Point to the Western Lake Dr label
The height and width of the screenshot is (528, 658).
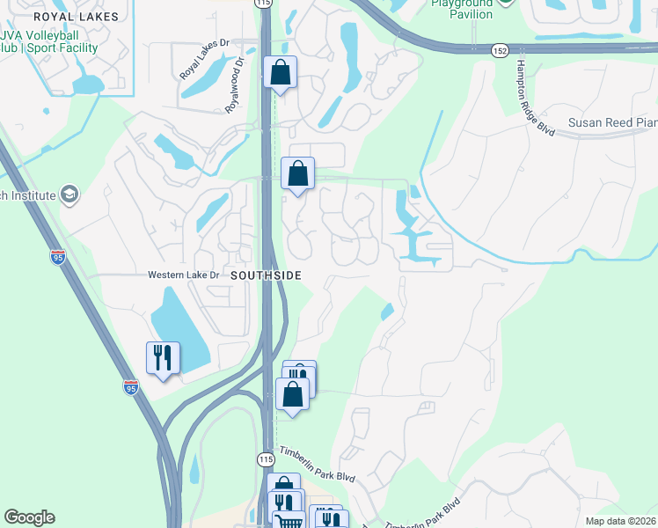183,275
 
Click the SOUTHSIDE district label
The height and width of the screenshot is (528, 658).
267,275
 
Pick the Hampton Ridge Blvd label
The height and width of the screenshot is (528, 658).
535,98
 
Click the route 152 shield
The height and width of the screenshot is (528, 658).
500,52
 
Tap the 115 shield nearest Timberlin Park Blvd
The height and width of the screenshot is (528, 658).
267,459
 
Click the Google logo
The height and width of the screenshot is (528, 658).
29,517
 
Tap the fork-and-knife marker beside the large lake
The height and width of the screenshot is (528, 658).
163,356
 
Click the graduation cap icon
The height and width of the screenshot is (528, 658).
69,194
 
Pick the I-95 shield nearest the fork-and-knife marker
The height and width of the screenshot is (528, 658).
129,387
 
